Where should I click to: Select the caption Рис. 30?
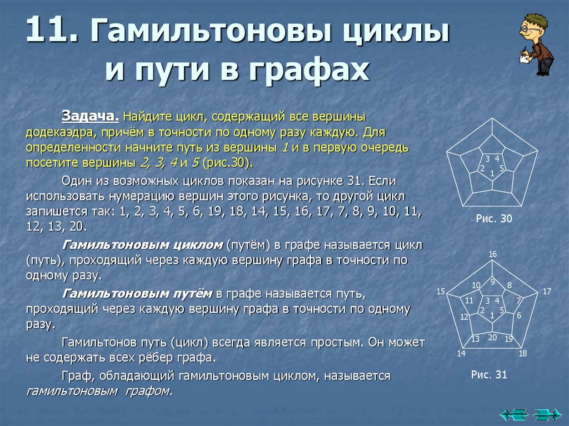tap(493, 219)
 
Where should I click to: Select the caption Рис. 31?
tap(489, 375)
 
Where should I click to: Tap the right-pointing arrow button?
tap(547, 414)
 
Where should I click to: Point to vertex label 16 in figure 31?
tap(492, 254)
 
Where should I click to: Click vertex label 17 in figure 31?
tap(547, 291)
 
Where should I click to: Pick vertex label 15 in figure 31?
tap(441, 292)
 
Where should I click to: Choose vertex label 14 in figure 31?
tap(461, 354)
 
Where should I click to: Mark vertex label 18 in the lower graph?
tap(522, 354)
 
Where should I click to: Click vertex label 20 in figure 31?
tap(492, 337)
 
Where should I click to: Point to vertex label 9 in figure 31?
tap(492, 282)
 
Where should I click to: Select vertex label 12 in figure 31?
tap(464, 317)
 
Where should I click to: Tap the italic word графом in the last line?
tap(152, 390)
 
